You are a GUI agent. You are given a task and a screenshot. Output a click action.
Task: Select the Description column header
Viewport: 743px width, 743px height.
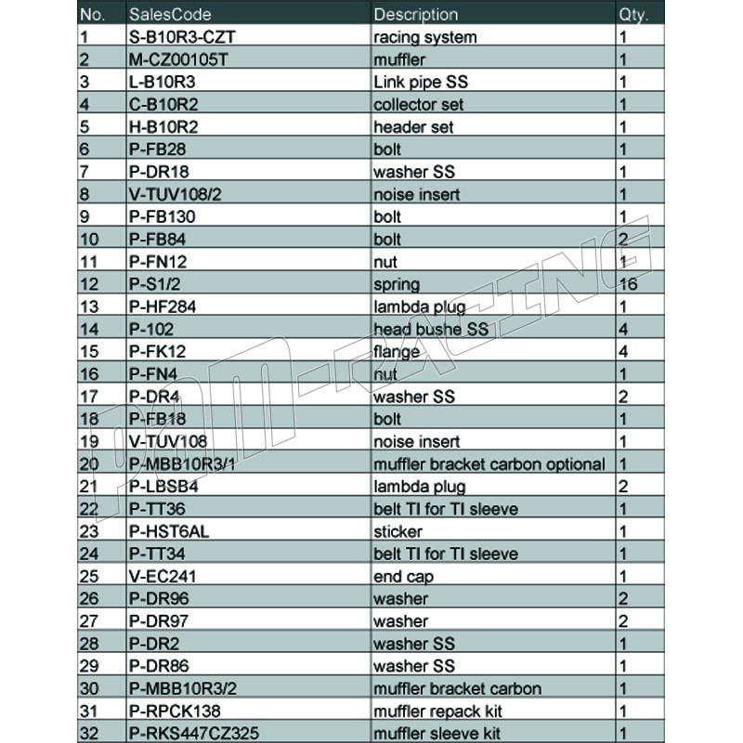pyautogui.click(x=415, y=14)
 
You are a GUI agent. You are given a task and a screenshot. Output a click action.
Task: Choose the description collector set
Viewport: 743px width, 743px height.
pyautogui.click(x=418, y=104)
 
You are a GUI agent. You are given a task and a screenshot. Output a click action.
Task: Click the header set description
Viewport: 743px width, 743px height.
pyautogui.click(x=413, y=126)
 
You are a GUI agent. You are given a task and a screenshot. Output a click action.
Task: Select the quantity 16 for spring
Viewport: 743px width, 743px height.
pyautogui.click(x=628, y=284)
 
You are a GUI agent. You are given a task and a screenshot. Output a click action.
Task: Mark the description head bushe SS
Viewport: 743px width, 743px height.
pyautogui.click(x=430, y=329)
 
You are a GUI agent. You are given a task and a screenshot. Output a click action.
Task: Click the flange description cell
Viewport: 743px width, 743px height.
pyautogui.click(x=396, y=351)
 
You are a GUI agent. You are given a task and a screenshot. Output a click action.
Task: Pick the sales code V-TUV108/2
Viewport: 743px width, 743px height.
pyautogui.click(x=176, y=194)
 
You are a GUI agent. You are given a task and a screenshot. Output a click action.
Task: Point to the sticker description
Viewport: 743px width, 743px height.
pyautogui.click(x=398, y=531)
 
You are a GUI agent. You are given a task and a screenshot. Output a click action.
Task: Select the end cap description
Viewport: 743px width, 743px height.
pyautogui.click(x=403, y=576)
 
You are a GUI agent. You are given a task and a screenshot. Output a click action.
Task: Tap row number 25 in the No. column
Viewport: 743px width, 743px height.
pyautogui.click(x=89, y=576)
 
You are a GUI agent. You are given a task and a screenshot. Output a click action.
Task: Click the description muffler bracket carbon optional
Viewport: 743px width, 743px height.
pyautogui.click(x=489, y=463)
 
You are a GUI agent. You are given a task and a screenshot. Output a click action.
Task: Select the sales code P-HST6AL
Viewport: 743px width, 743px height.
pyautogui.click(x=169, y=531)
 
